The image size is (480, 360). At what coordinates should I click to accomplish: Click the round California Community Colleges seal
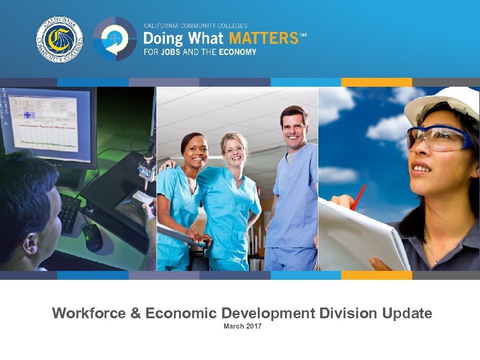click(60, 39)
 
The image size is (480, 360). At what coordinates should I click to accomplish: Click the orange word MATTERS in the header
click(266, 38)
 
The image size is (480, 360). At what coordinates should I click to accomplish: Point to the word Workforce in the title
click(89, 313)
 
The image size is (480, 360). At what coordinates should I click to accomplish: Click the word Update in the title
click(407, 313)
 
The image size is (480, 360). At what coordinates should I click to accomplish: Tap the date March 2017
click(242, 326)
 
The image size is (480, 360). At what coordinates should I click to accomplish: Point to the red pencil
click(358, 197)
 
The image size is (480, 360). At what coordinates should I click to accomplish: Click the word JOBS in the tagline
click(170, 52)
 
